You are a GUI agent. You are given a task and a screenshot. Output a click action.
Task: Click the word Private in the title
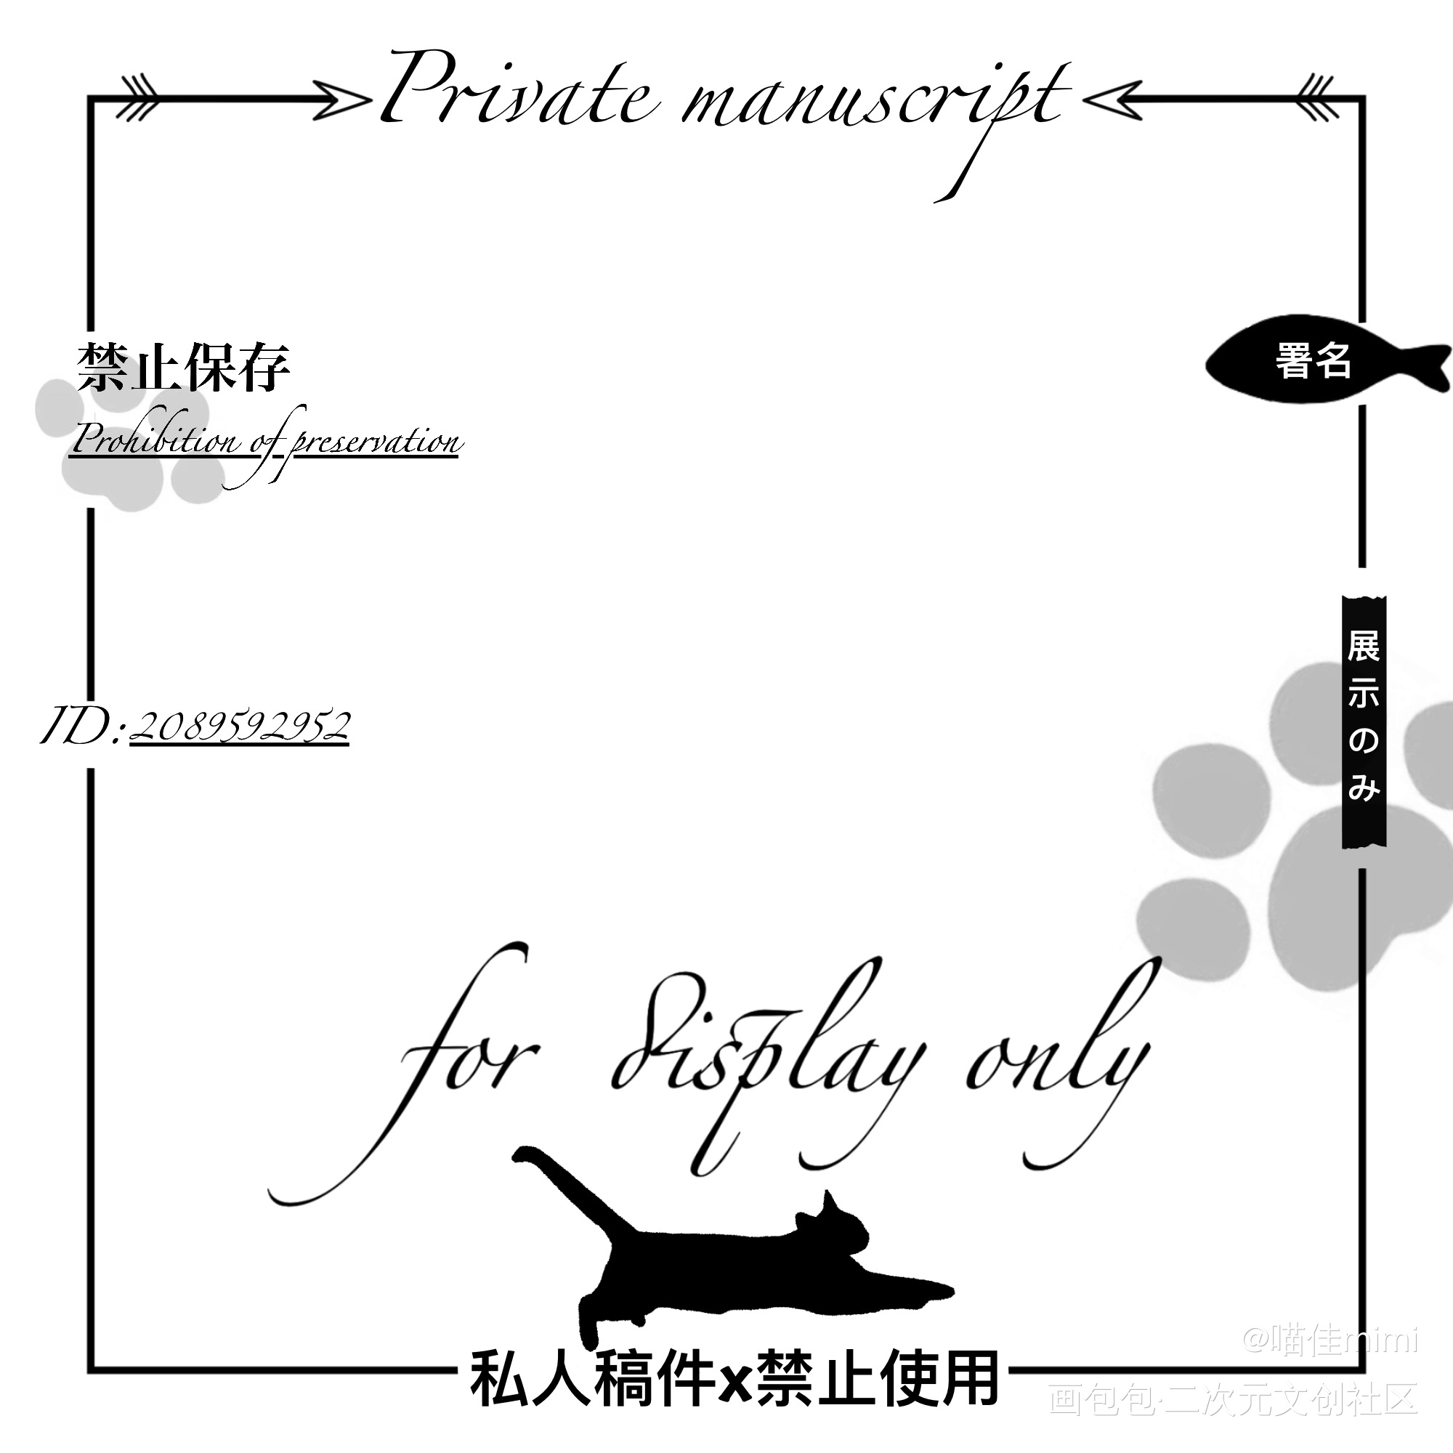tap(519, 94)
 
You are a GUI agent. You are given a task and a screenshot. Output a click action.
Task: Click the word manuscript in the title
tap(873, 102)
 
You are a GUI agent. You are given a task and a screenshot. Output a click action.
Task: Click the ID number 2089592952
tap(240, 726)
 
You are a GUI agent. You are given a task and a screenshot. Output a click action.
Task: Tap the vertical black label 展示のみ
tap(1364, 722)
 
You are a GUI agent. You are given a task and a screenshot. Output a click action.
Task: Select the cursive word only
tap(1061, 1053)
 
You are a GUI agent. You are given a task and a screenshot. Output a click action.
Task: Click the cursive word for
tap(474, 1053)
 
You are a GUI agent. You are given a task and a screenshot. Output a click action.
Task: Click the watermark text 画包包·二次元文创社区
tap(1234, 1398)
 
